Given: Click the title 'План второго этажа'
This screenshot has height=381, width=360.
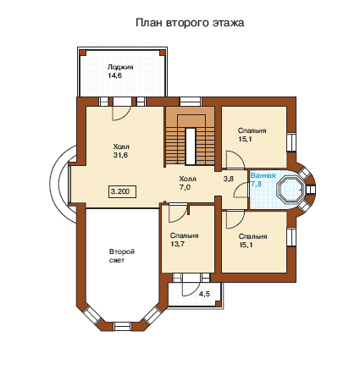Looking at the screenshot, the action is click(190, 23).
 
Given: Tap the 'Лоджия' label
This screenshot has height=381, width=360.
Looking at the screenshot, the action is click(120, 67).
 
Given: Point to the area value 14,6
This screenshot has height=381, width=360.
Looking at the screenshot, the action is click(114, 75).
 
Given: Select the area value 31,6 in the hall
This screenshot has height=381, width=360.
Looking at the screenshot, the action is click(120, 155).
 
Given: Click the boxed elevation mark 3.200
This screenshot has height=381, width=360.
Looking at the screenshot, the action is click(122, 191).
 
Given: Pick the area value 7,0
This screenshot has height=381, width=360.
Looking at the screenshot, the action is click(185, 187).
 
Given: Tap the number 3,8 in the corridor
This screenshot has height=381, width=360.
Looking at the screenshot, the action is click(229, 179).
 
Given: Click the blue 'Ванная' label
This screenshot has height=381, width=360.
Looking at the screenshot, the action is click(263, 175).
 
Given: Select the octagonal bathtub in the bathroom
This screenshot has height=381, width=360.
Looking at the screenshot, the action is click(291, 190).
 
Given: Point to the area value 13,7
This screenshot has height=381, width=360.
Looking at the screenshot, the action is click(177, 244).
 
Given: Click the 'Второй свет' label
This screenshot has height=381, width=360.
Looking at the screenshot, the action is click(122, 256).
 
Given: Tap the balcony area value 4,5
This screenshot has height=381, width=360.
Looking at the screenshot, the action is click(204, 294).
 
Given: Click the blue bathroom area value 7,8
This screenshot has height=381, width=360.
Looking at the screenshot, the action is click(256, 184).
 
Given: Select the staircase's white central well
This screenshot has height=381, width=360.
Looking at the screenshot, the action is click(191, 146).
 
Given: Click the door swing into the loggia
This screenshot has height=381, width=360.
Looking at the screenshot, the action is click(121, 113).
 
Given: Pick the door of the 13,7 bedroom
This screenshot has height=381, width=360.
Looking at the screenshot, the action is click(178, 213).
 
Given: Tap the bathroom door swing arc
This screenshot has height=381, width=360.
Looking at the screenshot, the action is click(241, 190).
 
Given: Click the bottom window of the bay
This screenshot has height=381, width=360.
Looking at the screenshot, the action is click(123, 326).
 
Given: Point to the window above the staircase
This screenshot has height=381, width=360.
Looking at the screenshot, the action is click(191, 102).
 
